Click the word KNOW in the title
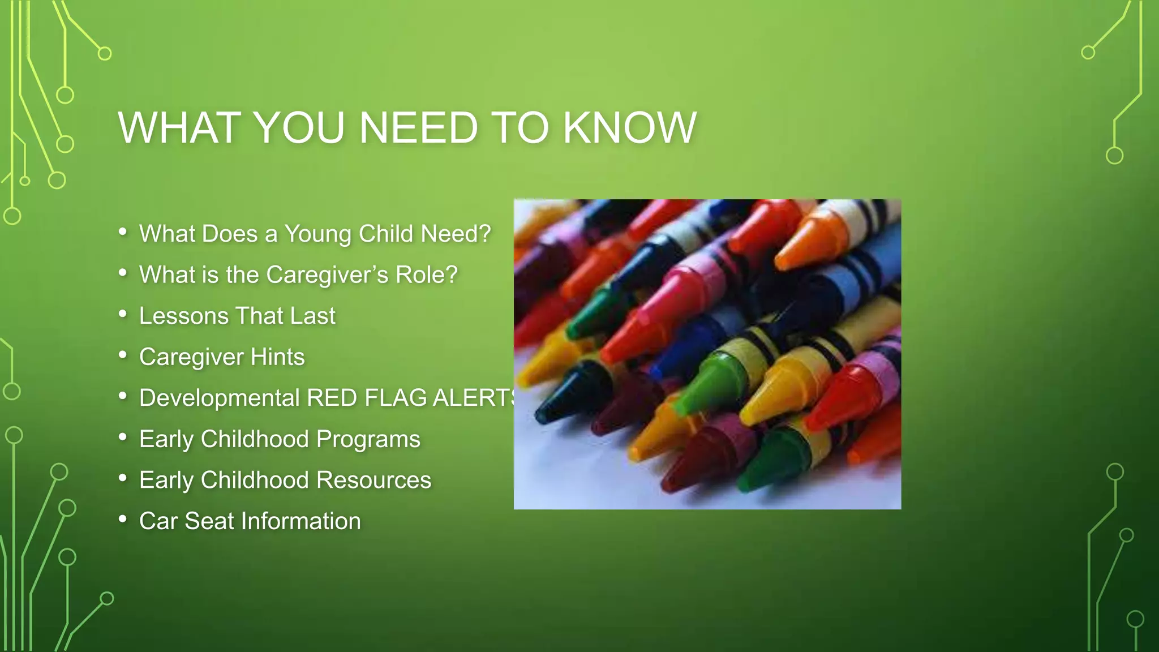coord(629,128)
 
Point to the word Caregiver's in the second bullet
coord(327,275)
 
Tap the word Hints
coord(277,357)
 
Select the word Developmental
coord(219,398)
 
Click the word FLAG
coord(396,398)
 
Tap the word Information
coord(302,521)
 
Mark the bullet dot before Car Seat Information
coord(123,519)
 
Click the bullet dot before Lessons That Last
coord(123,314)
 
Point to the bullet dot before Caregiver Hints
coord(123,355)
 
